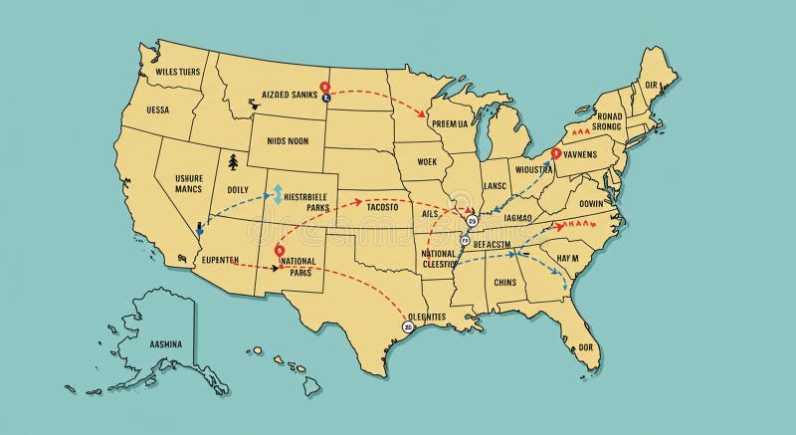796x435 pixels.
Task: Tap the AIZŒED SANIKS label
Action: (289, 95)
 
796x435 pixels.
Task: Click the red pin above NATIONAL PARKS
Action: (280, 249)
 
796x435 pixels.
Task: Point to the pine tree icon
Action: (233, 160)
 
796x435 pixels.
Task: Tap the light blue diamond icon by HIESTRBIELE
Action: (280, 191)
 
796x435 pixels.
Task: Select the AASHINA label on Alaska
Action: (165, 344)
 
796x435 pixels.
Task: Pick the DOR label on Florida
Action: (586, 346)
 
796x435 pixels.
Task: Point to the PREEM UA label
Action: (449, 124)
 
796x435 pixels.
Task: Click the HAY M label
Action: (567, 258)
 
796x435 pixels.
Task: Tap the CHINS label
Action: (504, 282)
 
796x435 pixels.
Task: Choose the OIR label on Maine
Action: (652, 86)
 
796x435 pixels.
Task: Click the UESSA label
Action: (157, 110)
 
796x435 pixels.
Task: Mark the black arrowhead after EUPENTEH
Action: (276, 268)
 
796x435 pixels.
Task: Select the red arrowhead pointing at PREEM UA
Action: (424, 115)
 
